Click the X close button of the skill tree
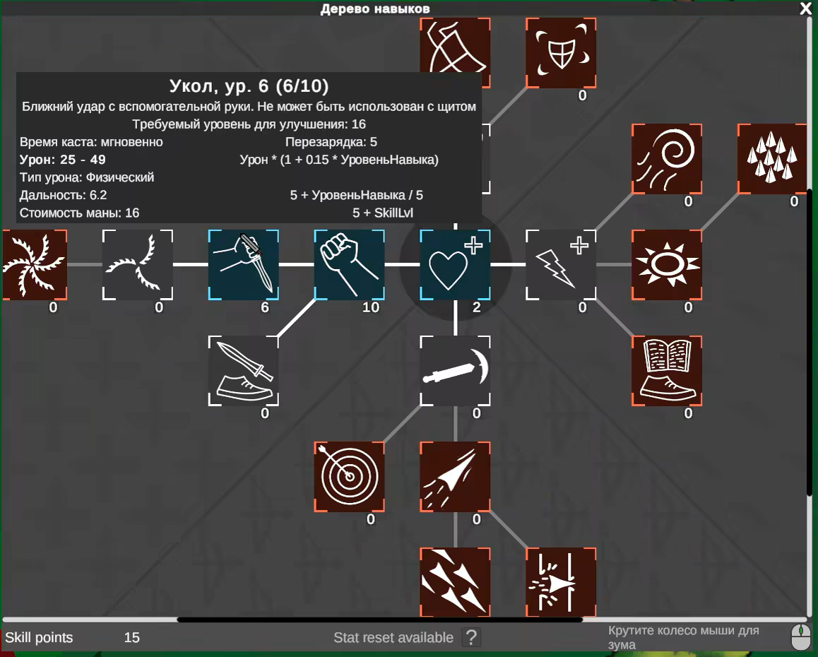806,8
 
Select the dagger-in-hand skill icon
243,265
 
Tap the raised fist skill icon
349,265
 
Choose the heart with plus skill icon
455,265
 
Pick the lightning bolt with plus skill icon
561,265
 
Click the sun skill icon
667,265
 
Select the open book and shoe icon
667,370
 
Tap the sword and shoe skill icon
243,370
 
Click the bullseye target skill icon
349,476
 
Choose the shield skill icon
561,53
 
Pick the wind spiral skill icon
667,159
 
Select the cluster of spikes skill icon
772,159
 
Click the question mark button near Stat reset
471,637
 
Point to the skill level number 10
371,307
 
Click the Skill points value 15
132,637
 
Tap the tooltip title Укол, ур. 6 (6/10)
249,86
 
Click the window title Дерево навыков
375,8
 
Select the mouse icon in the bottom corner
801,637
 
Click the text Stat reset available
393,637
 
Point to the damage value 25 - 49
83,160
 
